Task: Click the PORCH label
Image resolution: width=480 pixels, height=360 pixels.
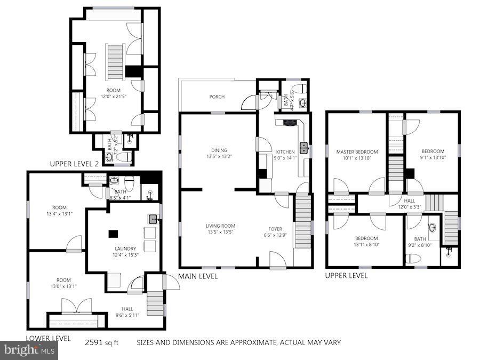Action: click(x=217, y=97)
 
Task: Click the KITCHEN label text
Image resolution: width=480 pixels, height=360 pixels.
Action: click(x=285, y=151)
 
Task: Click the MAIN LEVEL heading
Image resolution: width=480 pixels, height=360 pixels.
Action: click(x=198, y=276)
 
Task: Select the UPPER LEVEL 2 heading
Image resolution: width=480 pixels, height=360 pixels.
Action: click(x=74, y=164)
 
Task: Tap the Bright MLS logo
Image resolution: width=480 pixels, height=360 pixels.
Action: click(x=29, y=350)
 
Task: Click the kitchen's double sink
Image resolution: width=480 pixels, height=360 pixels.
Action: click(x=303, y=148)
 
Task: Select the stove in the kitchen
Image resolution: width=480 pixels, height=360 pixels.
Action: click(x=290, y=123)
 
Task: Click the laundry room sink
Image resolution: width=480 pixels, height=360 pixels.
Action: click(x=154, y=218)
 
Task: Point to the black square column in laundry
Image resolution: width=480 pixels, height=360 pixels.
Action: click(x=113, y=233)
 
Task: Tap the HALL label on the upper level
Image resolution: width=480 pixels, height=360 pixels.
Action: click(x=410, y=201)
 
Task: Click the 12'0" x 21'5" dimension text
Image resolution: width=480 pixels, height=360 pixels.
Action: click(x=113, y=97)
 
